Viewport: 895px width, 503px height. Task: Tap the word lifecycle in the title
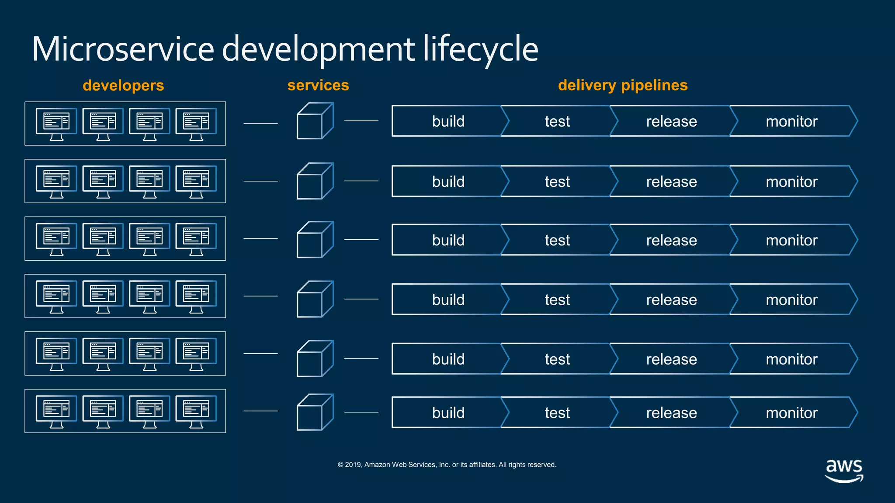(480, 49)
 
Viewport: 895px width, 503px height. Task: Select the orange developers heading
(123, 85)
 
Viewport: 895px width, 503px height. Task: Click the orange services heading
(318, 85)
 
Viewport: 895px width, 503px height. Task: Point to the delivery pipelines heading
(622, 85)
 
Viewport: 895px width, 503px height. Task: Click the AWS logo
(844, 470)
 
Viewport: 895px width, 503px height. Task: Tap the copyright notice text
(447, 465)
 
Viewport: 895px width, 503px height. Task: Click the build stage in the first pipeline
(448, 121)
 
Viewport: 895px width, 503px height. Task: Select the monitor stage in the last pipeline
(791, 413)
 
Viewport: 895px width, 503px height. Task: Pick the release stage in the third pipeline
(671, 240)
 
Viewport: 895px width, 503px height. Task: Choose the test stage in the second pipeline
(557, 182)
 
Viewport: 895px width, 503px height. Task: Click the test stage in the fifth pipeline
(557, 359)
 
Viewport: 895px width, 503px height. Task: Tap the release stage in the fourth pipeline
(671, 300)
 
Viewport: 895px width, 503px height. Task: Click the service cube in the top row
(314, 121)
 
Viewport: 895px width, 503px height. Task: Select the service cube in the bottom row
(314, 413)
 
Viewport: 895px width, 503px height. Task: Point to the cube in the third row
(314, 240)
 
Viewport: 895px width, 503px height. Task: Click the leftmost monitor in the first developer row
(56, 123)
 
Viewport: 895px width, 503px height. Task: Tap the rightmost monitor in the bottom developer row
(196, 411)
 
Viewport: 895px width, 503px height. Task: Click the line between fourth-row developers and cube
(260, 296)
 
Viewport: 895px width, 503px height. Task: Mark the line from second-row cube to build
(361, 181)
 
